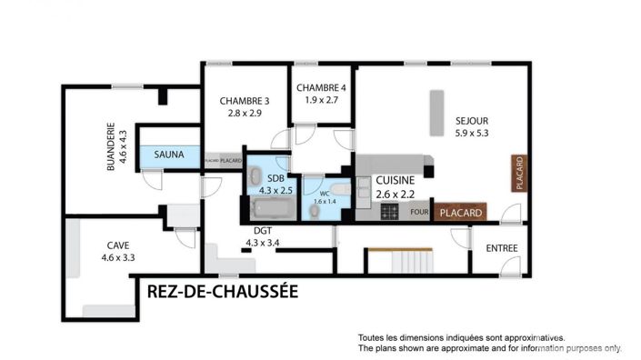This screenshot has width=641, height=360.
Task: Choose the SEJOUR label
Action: tap(473, 120)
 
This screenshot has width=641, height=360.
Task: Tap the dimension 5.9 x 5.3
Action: tap(473, 133)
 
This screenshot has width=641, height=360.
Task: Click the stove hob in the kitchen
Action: tap(390, 212)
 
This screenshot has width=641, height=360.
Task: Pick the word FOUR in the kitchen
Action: tap(419, 213)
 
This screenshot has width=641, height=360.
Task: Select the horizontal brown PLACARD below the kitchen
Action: tap(461, 213)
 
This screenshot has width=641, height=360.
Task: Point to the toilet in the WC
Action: tap(315, 211)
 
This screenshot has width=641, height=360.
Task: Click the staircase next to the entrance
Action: tap(400, 262)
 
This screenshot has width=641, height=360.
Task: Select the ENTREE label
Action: tap(502, 248)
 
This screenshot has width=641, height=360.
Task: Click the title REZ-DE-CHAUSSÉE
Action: tap(223, 292)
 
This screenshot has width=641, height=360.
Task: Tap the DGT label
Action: tap(263, 231)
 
